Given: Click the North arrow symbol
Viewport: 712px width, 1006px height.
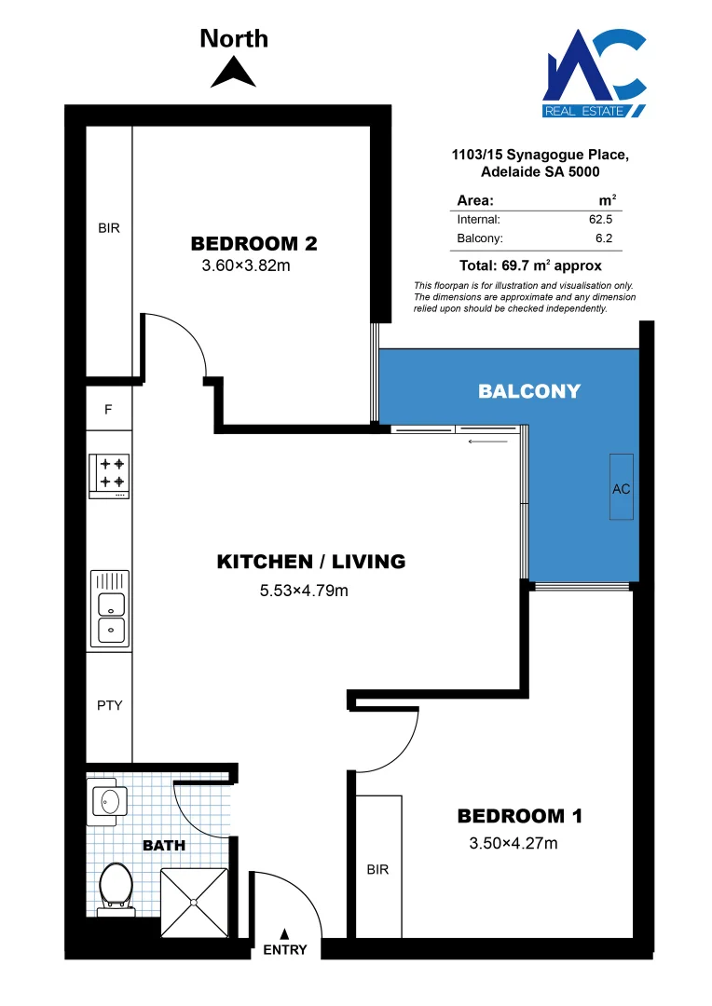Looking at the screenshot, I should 233,73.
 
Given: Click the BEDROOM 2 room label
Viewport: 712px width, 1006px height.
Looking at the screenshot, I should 253,244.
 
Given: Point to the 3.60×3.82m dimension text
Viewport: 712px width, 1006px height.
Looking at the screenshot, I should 246,265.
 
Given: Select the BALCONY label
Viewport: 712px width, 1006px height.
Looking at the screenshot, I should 528,391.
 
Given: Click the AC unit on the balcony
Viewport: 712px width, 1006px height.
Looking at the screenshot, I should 622,488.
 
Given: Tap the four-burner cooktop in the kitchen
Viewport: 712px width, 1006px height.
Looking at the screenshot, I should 109,473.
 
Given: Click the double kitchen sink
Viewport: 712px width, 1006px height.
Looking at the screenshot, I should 109,610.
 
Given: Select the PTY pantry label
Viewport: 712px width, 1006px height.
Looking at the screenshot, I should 109,705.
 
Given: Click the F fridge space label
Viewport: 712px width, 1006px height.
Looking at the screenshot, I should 108,409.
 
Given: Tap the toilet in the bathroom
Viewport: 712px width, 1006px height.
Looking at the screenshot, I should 116,885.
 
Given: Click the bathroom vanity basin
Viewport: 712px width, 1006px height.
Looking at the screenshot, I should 110,801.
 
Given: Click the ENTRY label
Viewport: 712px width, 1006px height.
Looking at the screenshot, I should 285,950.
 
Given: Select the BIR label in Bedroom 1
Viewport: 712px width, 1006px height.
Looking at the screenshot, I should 377,870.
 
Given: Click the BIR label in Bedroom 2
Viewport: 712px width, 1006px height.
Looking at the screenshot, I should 109,227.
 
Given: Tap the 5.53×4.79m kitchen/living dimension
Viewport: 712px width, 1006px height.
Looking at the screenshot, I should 302,590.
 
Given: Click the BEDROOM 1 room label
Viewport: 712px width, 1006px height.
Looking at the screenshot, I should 519,817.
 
